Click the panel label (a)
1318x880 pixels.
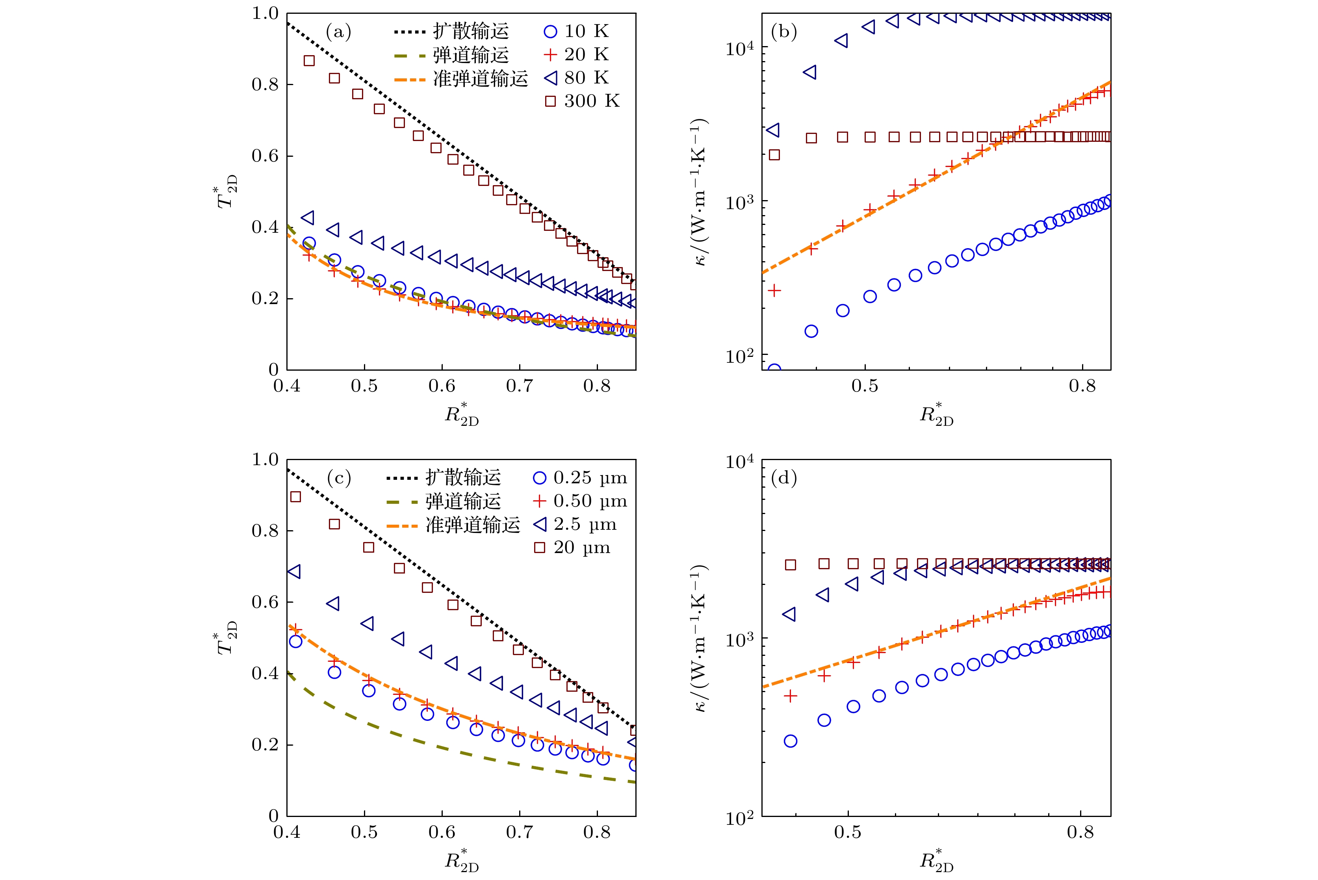click(338, 32)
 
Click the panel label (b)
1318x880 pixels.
click(784, 32)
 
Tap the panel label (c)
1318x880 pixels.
click(339, 478)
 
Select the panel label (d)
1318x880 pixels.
click(784, 478)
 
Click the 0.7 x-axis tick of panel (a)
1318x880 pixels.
click(520, 386)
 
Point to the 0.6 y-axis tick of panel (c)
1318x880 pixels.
click(265, 602)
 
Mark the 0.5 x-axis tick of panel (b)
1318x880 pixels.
click(865, 386)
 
